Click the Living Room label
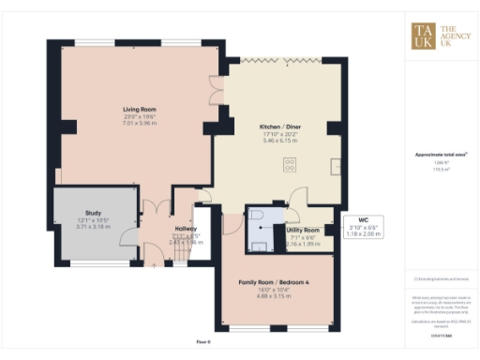pyautogui.click(x=138, y=110)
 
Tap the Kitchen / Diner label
pyautogui.click(x=279, y=125)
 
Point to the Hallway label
pyautogui.click(x=185, y=229)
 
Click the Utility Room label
pyautogui.click(x=303, y=230)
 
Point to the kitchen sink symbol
pyautogui.click(x=336, y=167)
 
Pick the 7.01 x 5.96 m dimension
pyautogui.click(x=138, y=123)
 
